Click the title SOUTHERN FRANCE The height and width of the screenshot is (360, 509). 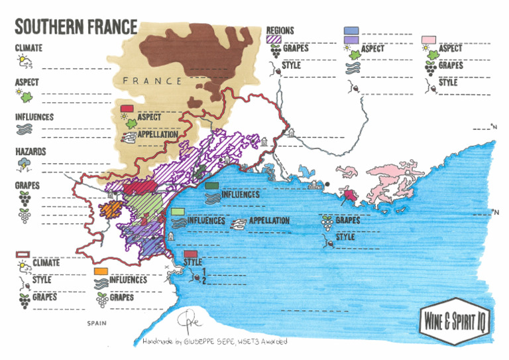click(76, 27)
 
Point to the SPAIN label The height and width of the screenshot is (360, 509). click(97, 324)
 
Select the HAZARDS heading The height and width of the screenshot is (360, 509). click(30, 152)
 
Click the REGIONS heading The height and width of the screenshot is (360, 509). click(280, 30)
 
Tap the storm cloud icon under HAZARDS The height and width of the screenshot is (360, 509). click(24, 164)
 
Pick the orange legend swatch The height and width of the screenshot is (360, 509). click(101, 272)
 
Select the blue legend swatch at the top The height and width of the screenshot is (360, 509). click(352, 31)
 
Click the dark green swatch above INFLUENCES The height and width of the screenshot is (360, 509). click(213, 186)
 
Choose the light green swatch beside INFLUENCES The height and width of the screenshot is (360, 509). click(177, 211)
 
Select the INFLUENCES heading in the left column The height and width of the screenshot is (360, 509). click(34, 117)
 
